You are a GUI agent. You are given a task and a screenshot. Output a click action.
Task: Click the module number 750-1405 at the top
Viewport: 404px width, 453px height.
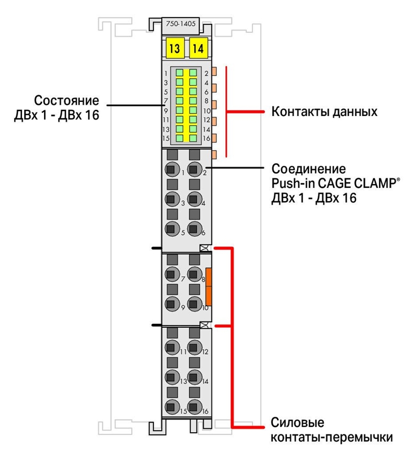(180, 24)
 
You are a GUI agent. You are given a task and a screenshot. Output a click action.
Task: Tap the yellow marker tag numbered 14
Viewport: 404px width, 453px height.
(199, 48)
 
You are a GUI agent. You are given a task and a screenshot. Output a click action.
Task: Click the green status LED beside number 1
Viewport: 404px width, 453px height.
(179, 72)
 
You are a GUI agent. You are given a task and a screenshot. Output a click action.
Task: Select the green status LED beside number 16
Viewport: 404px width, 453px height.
(193, 138)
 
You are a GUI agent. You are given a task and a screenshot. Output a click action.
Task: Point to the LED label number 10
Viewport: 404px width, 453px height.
(207, 110)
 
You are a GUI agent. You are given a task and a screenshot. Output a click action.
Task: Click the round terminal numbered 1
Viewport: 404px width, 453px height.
(172, 169)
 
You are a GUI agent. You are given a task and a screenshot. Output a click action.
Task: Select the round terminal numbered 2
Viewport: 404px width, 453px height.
(195, 169)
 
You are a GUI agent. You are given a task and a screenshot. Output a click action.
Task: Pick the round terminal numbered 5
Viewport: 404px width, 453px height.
(172, 229)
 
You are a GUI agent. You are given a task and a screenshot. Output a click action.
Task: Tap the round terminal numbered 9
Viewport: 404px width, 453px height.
(172, 304)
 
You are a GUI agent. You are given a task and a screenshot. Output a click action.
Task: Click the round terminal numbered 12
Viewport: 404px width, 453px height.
(195, 348)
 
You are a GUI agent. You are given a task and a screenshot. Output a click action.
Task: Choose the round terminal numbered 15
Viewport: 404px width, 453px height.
(172, 407)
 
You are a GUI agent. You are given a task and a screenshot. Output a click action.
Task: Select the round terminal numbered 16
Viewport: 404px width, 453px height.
(195, 407)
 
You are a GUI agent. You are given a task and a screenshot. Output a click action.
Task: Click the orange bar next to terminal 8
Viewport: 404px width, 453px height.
(208, 287)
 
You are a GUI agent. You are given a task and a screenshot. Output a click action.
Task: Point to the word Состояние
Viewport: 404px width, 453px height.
(67, 101)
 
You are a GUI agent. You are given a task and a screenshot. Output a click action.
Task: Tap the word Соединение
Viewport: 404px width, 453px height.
(309, 168)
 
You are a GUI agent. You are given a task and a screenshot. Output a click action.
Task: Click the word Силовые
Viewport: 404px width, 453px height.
(298, 422)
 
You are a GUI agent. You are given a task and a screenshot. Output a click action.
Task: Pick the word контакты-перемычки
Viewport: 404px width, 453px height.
(332, 437)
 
